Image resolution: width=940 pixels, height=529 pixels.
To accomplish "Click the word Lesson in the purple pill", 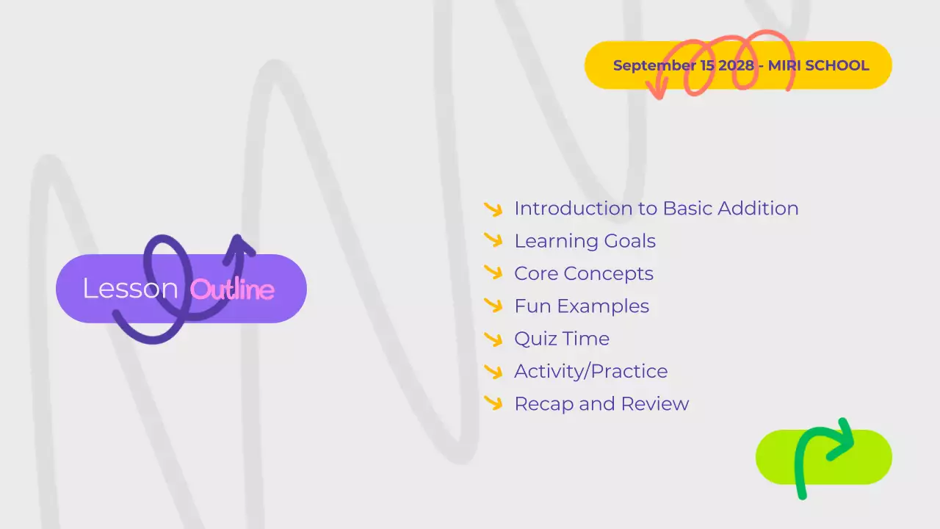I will (130, 289).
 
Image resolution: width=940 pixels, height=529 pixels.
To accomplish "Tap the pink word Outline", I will (232, 289).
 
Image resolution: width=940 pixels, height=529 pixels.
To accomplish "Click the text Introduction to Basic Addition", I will (656, 209).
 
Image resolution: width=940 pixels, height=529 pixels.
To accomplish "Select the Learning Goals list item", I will (585, 241).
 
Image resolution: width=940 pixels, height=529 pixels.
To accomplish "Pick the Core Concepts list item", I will (583, 274).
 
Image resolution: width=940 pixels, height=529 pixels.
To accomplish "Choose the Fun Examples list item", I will (582, 306).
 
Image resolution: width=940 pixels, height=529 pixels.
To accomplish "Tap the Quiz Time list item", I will (561, 339).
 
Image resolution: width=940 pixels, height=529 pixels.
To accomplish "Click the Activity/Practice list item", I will (590, 372).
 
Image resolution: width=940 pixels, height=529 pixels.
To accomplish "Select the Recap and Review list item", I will (601, 404).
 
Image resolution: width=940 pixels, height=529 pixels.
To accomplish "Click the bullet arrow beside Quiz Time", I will (493, 339).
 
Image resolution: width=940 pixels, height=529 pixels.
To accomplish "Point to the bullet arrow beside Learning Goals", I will (493, 241).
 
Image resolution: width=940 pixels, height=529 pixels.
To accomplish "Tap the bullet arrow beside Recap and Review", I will (493, 403).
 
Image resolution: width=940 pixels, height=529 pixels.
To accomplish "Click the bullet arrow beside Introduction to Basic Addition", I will (493, 209).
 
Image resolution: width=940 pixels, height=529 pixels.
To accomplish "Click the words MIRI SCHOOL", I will (818, 65).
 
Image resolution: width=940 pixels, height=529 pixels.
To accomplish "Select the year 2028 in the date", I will (736, 65).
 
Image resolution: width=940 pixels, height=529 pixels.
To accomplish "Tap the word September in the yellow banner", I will (654, 65).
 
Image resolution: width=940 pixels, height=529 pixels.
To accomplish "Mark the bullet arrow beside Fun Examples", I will (493, 306).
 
